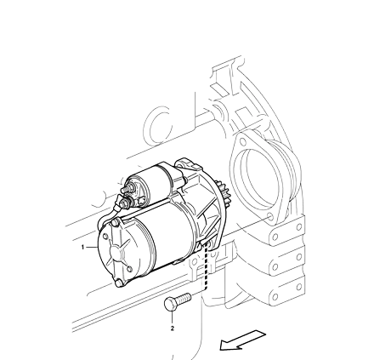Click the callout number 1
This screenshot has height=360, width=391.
pyautogui.click(x=82, y=248)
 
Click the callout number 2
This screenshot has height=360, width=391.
pyautogui.click(x=173, y=329)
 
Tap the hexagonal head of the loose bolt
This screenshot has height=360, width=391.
pyautogui.click(x=170, y=304)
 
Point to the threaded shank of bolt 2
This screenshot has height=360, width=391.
pyautogui.click(x=184, y=298)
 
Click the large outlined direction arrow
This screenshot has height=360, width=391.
pyautogui.click(x=243, y=340)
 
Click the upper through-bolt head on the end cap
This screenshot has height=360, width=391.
pyautogui.click(x=116, y=223)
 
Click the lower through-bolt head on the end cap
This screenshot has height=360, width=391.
pyautogui.click(x=119, y=283)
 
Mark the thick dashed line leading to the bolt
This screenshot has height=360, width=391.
pyautogui.click(x=205, y=266)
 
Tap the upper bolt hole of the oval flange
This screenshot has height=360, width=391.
pyautogui.click(x=242, y=142)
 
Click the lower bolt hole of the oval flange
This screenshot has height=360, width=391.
pyautogui.click(x=270, y=217)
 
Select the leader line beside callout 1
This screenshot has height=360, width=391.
pyautogui.click(x=92, y=248)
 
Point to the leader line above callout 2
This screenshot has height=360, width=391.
pyautogui.click(x=173, y=317)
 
